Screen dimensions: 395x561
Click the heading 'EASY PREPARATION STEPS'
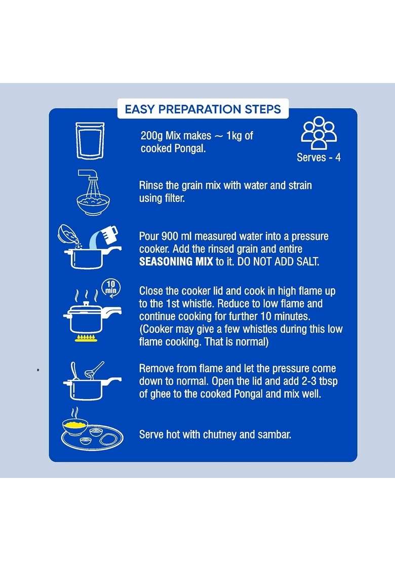point(203,109)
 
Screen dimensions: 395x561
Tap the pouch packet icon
point(90,140)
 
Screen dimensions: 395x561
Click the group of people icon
point(319,132)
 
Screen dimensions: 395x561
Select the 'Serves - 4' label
point(319,157)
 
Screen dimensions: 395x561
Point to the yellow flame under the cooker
point(86,338)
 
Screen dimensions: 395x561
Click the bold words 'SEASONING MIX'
point(176,262)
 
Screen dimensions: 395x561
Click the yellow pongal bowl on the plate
point(75,426)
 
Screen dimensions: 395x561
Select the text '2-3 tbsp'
point(320,382)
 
